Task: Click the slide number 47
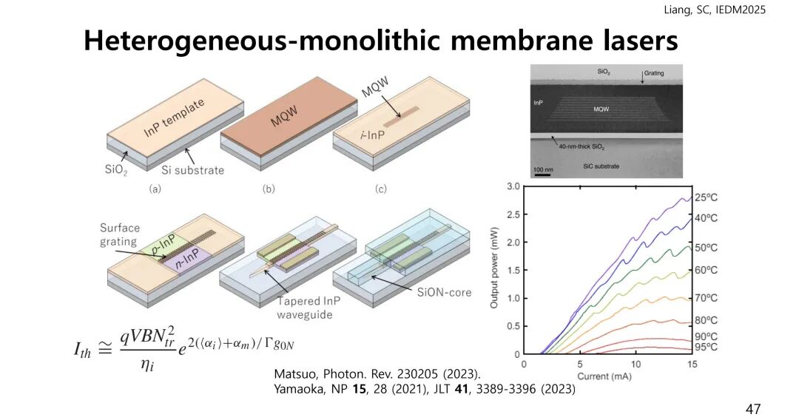(x=752, y=408)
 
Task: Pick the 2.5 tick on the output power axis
(x=513, y=214)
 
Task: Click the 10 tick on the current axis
(x=636, y=364)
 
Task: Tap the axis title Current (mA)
(x=608, y=376)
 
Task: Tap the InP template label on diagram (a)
(x=175, y=121)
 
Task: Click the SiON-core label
(x=442, y=293)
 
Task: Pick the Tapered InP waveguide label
(x=309, y=308)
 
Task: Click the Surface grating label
(x=120, y=234)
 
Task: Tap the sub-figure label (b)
(x=269, y=189)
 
